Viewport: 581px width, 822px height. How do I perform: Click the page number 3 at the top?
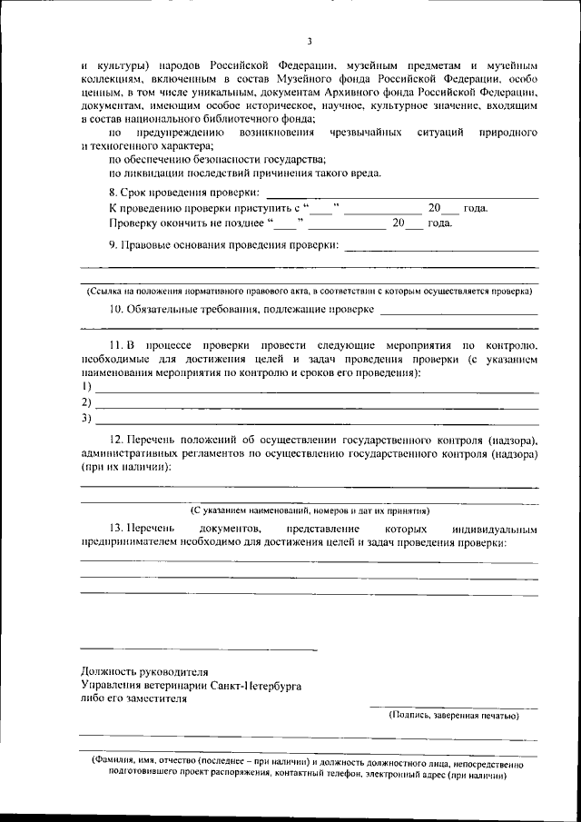(x=309, y=41)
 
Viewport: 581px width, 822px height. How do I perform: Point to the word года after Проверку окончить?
(x=440, y=223)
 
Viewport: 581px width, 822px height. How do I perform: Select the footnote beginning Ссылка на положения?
(x=309, y=291)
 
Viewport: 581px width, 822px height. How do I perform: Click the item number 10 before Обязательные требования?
(x=116, y=310)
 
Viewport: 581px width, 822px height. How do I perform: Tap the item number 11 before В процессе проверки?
(x=116, y=347)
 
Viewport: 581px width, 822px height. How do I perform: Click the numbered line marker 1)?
(x=87, y=386)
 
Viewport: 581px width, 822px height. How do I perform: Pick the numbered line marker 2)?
(x=87, y=402)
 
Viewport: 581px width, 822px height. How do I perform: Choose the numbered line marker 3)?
(x=87, y=419)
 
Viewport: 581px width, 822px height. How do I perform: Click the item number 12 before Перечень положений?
(x=116, y=441)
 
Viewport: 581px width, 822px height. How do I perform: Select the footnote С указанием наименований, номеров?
(x=309, y=510)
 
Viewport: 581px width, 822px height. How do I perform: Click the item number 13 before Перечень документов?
(x=116, y=529)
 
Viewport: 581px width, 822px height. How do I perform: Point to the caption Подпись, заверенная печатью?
(x=453, y=716)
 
